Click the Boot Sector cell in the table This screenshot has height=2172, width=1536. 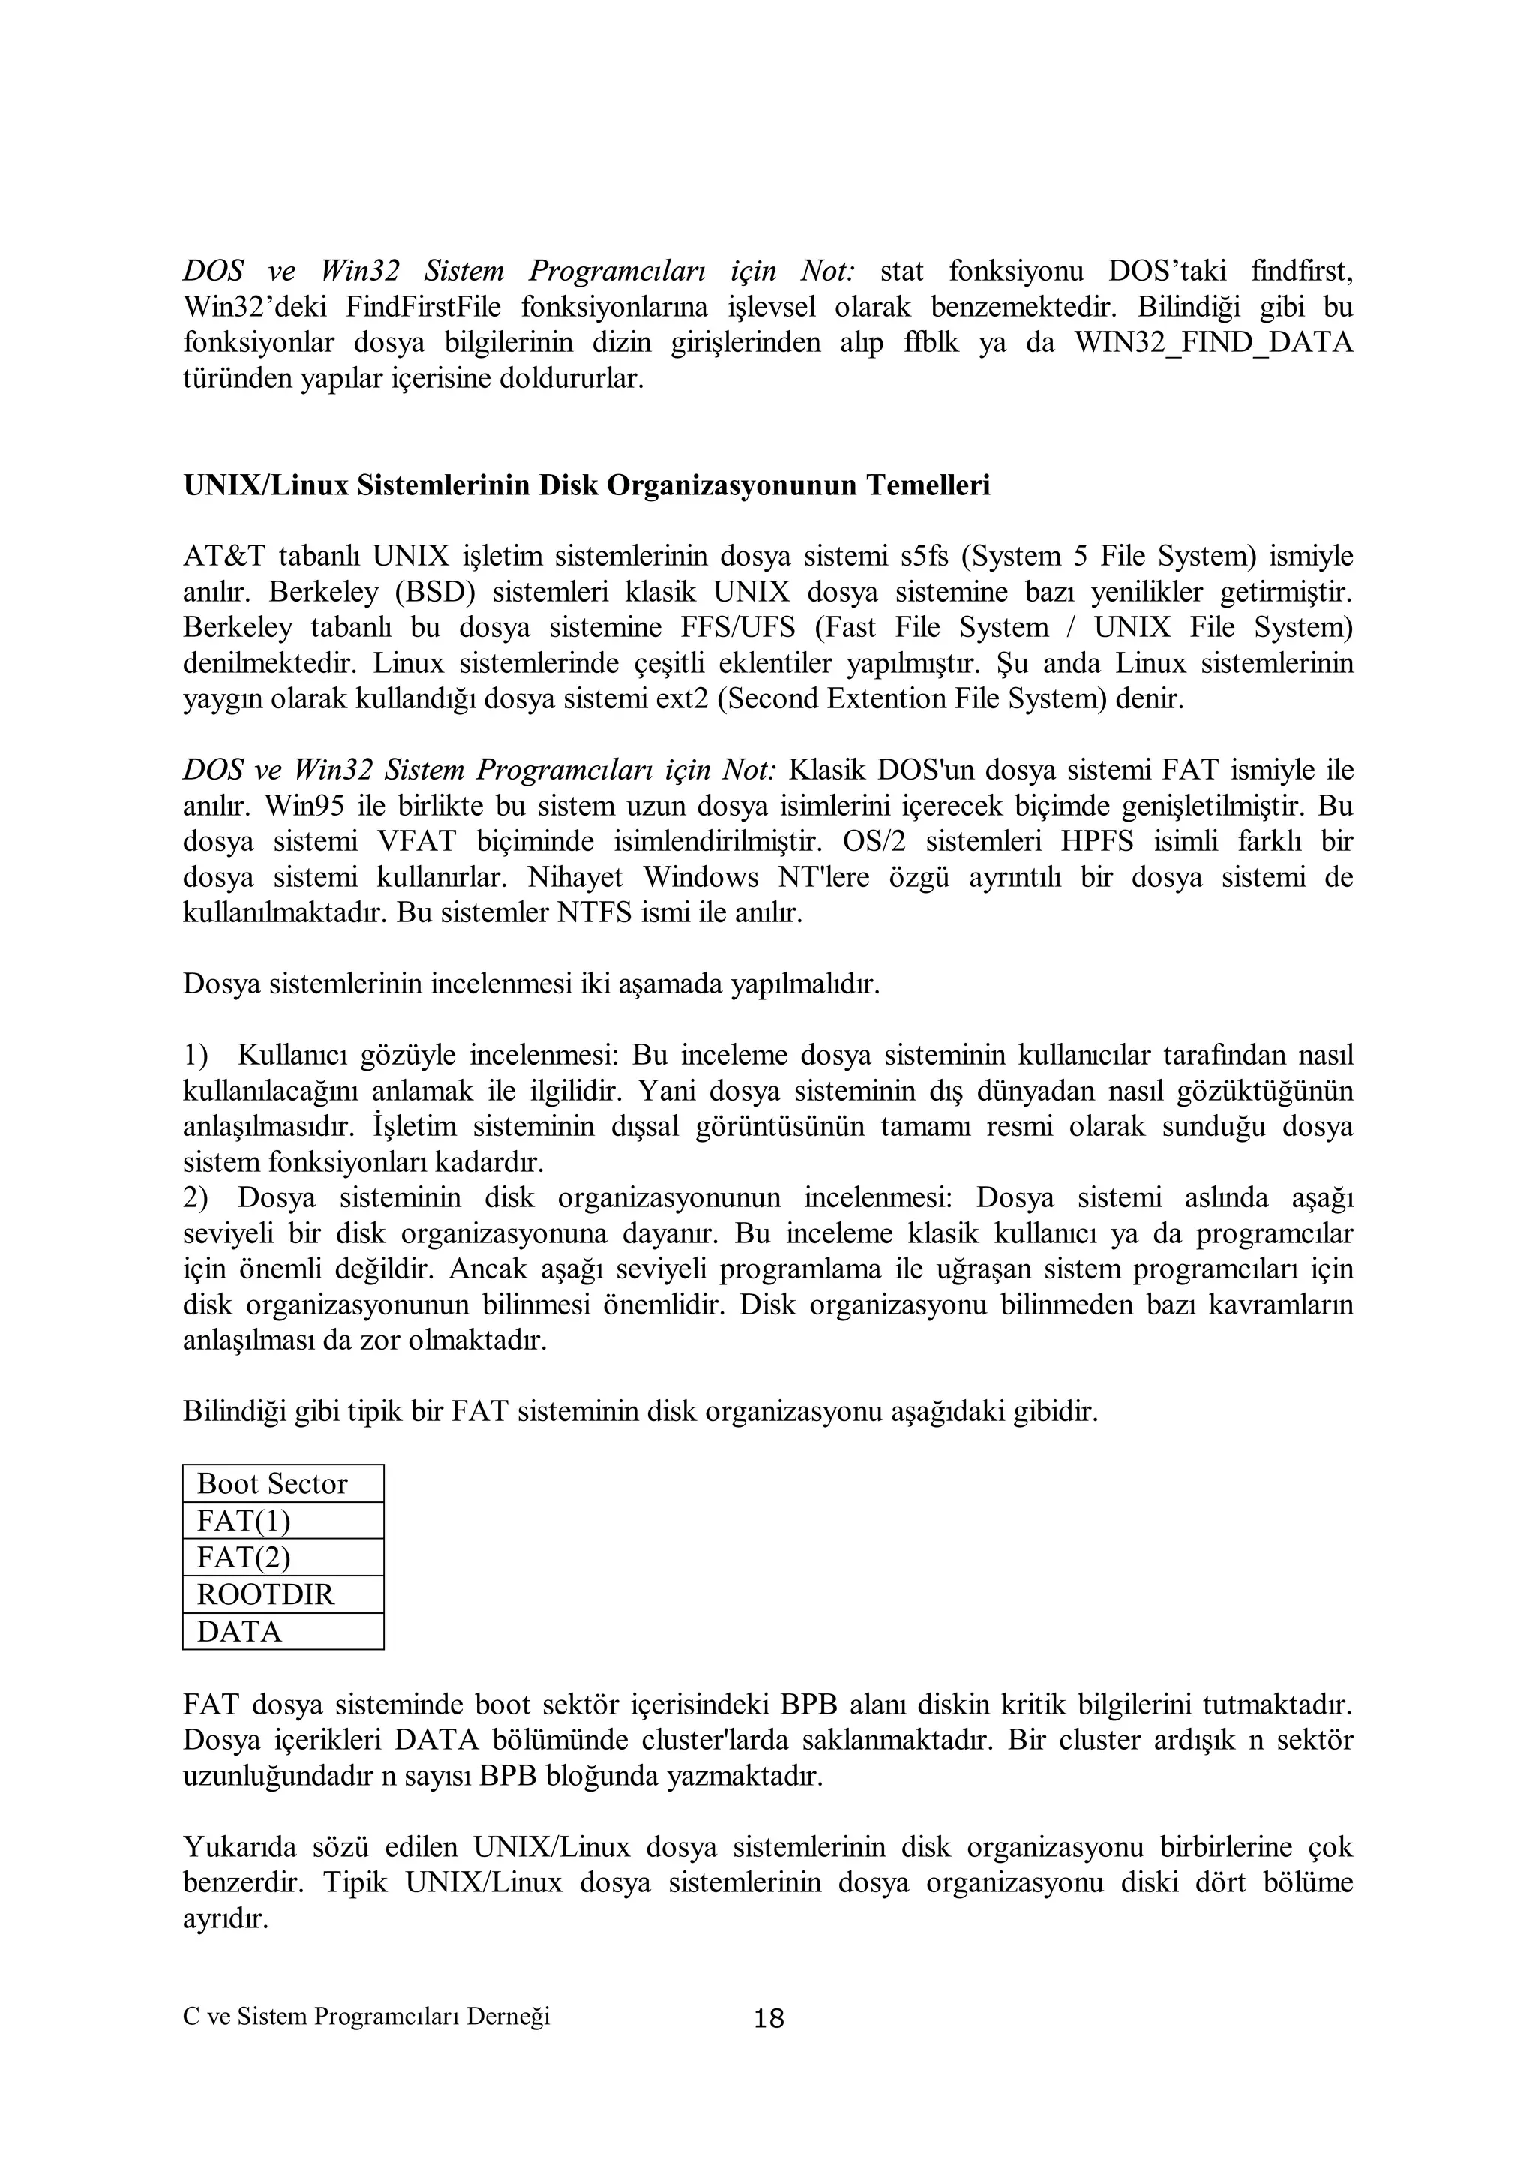coord(282,1483)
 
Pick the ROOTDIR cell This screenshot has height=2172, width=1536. coord(282,1594)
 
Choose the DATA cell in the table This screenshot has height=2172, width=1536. coord(282,1631)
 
